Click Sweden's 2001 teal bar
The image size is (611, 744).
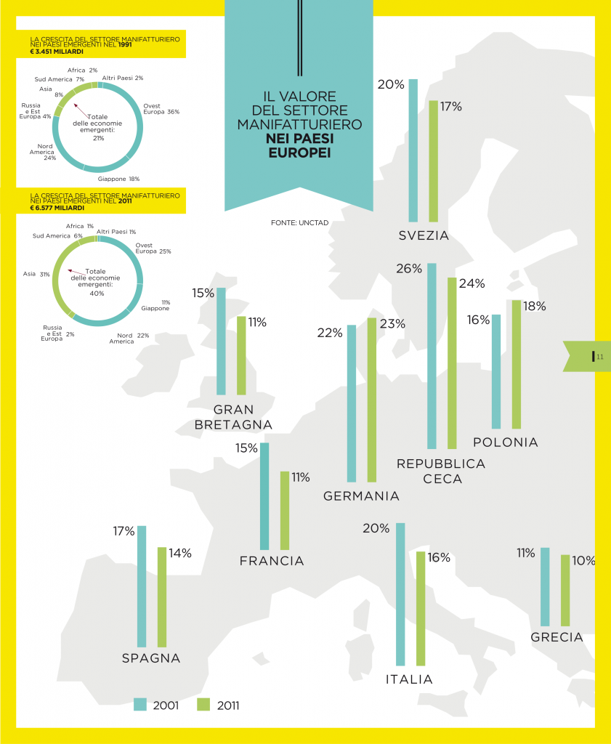(413, 150)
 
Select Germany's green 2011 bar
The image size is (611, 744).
(372, 400)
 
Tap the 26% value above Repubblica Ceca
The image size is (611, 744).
(409, 269)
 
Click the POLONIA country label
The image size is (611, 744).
(505, 442)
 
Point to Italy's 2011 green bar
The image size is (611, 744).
(420, 608)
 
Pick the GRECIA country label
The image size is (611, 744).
(557, 637)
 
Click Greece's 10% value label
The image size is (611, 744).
(583, 561)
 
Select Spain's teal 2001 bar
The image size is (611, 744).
(142, 586)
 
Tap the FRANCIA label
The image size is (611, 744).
(272, 561)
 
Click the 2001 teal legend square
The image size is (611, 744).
(140, 704)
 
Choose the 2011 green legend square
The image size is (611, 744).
(203, 704)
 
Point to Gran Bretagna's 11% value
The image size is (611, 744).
(257, 322)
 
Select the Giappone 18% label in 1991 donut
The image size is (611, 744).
(118, 178)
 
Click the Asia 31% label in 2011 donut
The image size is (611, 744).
(36, 274)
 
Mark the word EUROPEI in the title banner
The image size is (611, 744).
(299, 153)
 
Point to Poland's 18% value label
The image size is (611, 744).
(534, 307)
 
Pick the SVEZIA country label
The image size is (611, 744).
(424, 235)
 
